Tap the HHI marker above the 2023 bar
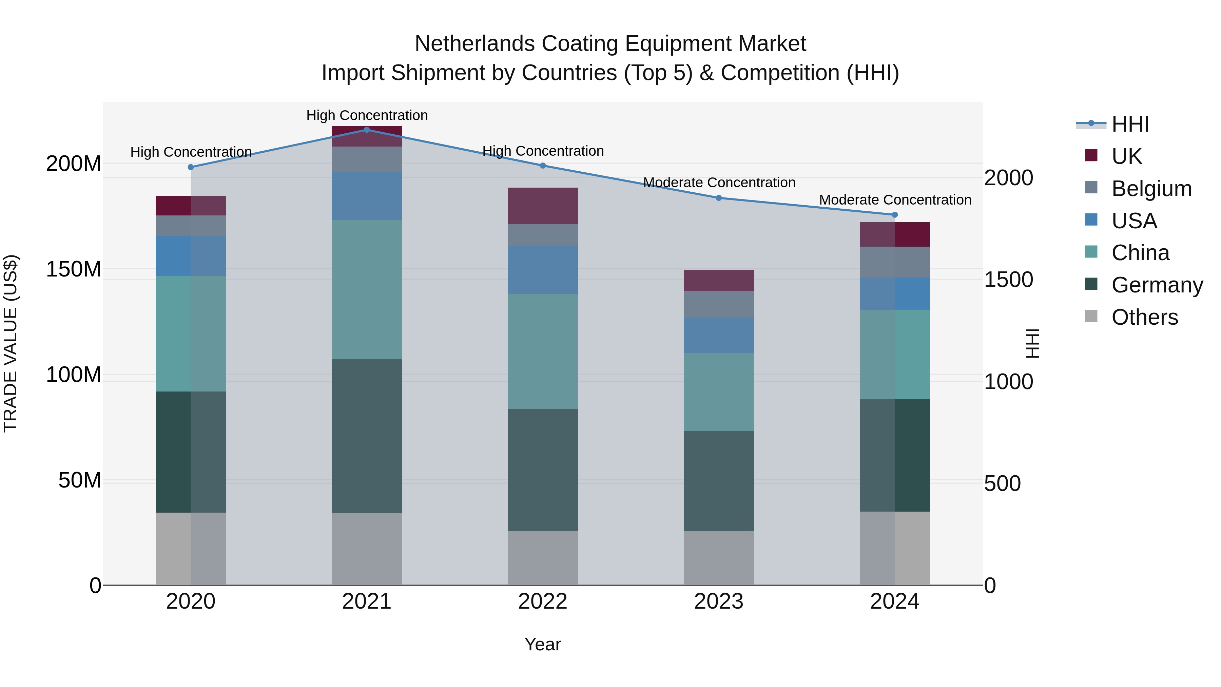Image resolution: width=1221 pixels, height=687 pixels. [719, 198]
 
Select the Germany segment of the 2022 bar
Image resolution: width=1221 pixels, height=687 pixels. [543, 470]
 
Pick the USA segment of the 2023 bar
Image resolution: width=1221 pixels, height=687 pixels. [719, 335]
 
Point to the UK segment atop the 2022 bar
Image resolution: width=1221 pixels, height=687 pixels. [543, 206]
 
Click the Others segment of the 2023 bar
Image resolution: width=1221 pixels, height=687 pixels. [719, 558]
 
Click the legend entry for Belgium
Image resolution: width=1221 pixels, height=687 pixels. [1151, 188]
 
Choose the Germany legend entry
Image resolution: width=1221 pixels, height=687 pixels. [1157, 285]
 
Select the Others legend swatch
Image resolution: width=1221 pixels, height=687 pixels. [1091, 316]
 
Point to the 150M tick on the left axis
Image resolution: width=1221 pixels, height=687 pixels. [74, 269]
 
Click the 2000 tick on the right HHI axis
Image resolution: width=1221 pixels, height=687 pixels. [1008, 178]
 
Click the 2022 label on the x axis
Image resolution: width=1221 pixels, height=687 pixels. [543, 602]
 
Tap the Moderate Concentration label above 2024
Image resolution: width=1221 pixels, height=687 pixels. [895, 200]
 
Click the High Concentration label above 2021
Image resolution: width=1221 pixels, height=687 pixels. [367, 115]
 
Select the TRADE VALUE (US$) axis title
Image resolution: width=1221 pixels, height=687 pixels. [11, 343]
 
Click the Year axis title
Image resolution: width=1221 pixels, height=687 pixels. [543, 644]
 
